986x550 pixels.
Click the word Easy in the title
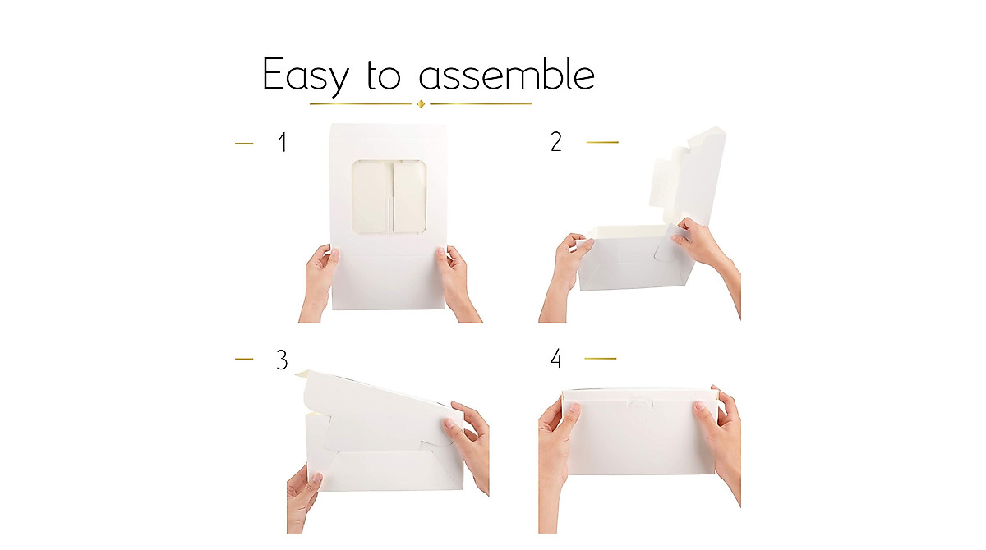pyautogui.click(x=305, y=76)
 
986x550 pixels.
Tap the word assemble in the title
pyautogui.click(x=506, y=75)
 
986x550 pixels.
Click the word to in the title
pyautogui.click(x=383, y=76)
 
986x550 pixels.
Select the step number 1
pyautogui.click(x=283, y=143)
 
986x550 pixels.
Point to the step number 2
pyautogui.click(x=556, y=142)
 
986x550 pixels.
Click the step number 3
pyautogui.click(x=282, y=360)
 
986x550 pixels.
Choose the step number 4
pyautogui.click(x=556, y=359)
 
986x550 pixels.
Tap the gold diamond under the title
pyautogui.click(x=421, y=103)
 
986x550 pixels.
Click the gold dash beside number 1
pyautogui.click(x=244, y=144)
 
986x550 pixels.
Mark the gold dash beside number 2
pyautogui.click(x=601, y=142)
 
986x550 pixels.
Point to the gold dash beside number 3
pyautogui.click(x=244, y=359)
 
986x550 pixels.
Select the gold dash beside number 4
pyautogui.click(x=600, y=359)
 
